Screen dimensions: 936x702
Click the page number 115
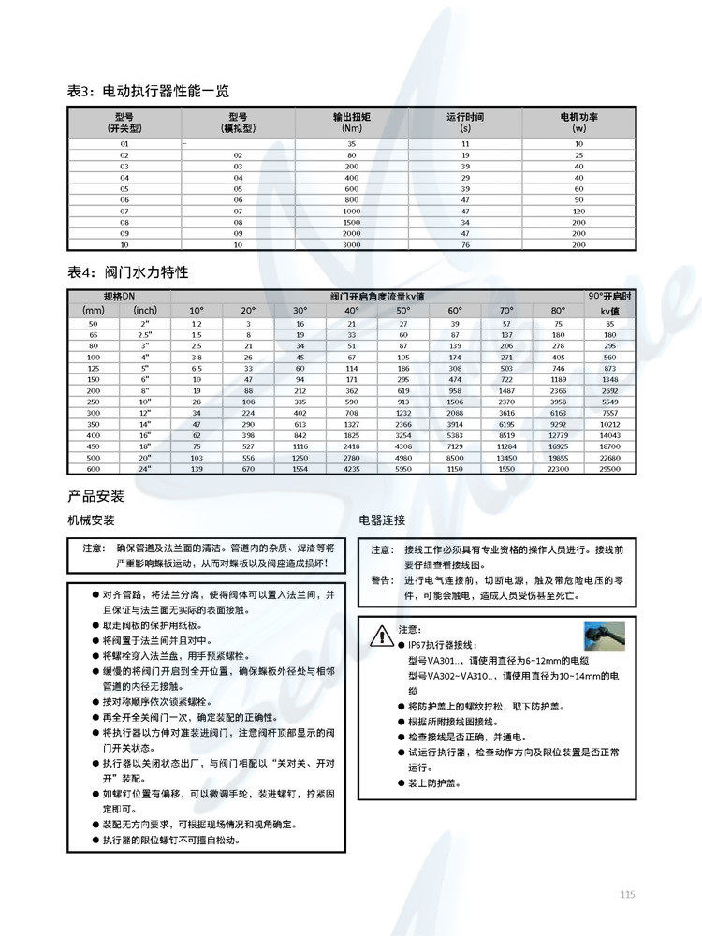click(x=627, y=895)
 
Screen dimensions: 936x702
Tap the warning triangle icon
click(x=380, y=636)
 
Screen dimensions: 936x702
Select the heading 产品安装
click(x=95, y=495)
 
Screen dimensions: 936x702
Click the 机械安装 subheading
click(x=90, y=519)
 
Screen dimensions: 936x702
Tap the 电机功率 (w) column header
click(x=578, y=122)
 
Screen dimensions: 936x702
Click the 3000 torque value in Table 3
click(x=352, y=245)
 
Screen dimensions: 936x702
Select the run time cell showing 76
click(x=465, y=245)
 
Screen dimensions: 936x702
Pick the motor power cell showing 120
click(x=578, y=212)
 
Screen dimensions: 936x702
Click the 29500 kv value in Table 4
click(x=609, y=467)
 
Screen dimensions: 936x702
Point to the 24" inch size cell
click(x=145, y=467)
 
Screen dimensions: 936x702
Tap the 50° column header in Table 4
click(x=402, y=310)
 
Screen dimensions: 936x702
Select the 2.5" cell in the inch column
click(x=145, y=334)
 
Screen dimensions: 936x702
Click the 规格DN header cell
click(x=119, y=296)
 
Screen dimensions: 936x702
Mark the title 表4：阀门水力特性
click(x=128, y=272)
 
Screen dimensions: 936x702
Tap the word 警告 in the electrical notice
click(x=382, y=580)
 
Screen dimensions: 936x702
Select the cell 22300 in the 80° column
click(x=558, y=467)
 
